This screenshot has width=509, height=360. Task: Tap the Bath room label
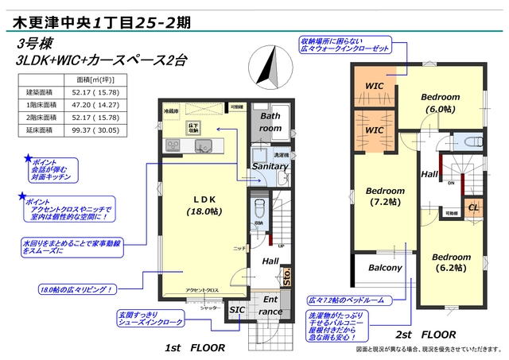click(271, 122)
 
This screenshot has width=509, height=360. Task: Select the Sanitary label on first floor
click(270, 167)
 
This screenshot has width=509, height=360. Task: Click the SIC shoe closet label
click(237, 309)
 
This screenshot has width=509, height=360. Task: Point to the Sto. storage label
click(287, 277)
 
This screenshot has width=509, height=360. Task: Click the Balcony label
click(385, 268)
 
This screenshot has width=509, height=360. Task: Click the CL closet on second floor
click(472, 207)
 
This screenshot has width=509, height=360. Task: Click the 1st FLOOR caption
click(195, 347)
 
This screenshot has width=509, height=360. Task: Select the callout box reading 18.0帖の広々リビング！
click(76, 290)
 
